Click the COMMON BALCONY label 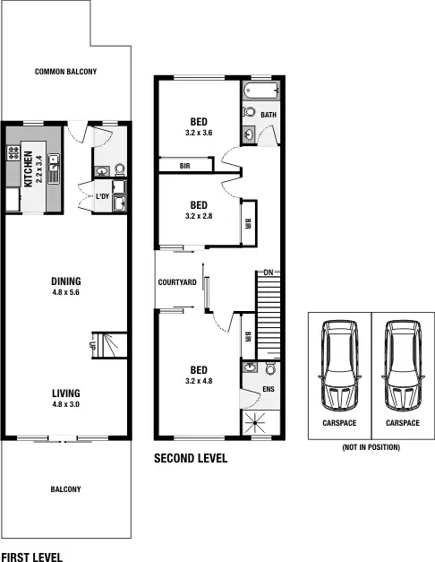[x=65, y=72]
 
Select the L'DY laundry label [x=103, y=196]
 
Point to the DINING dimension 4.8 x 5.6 [x=65, y=291]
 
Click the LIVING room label [x=65, y=393]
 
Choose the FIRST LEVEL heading [x=32, y=557]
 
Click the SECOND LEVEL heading [x=191, y=458]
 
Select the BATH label [x=269, y=116]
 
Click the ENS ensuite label [x=268, y=390]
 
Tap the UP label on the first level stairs [x=92, y=342]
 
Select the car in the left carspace [x=338, y=364]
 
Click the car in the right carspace [x=400, y=364]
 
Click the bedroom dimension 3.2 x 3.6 [x=199, y=134]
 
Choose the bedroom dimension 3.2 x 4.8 [x=199, y=381]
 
